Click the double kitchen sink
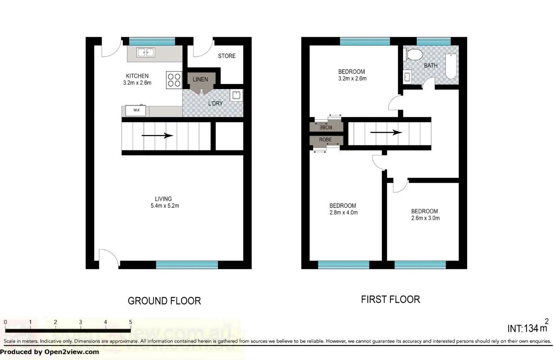coord(146,52)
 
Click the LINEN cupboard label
coord(200,79)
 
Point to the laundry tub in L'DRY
coord(236,95)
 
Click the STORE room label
coord(227,56)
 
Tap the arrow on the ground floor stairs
coord(157,136)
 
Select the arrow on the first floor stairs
coord(386,132)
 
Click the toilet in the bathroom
coord(413,55)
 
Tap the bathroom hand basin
coord(407,77)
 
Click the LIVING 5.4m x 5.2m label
coord(164,202)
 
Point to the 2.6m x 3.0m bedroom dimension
coord(424,218)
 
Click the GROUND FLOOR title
coord(164,301)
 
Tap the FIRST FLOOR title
coord(390,300)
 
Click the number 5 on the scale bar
coord(130,322)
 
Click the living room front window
coord(187,265)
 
